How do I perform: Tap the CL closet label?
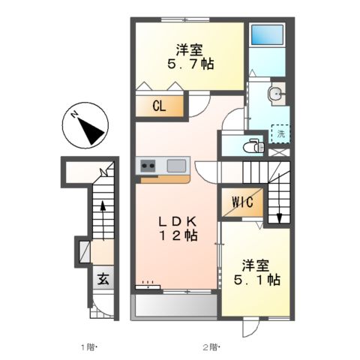pyautogui.click(x=159, y=106)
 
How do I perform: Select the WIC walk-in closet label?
pyautogui.click(x=240, y=202)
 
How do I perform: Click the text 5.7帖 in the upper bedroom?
pyautogui.click(x=190, y=64)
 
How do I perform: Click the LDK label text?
pyautogui.click(x=177, y=221)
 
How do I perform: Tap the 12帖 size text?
pyautogui.click(x=177, y=235)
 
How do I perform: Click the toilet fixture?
pyautogui.click(x=255, y=147)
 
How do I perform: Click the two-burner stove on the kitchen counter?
pyautogui.click(x=147, y=165)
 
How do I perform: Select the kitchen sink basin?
pyautogui.click(x=177, y=165)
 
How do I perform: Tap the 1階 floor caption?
pyautogui.click(x=89, y=347)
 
